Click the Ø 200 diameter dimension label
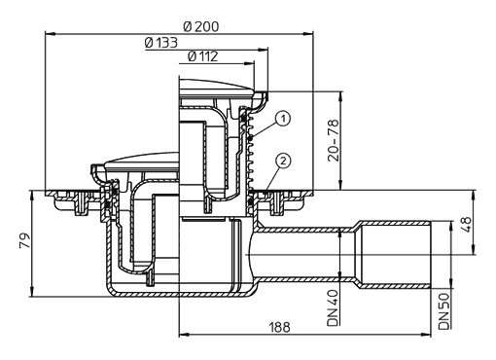point(201,26)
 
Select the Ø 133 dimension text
point(161,43)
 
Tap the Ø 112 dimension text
point(203,56)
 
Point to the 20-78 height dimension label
point(333,140)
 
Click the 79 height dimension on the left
point(25,240)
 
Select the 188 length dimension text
point(279,327)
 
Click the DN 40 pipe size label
point(333,307)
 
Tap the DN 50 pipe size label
point(444,311)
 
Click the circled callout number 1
point(283,119)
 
